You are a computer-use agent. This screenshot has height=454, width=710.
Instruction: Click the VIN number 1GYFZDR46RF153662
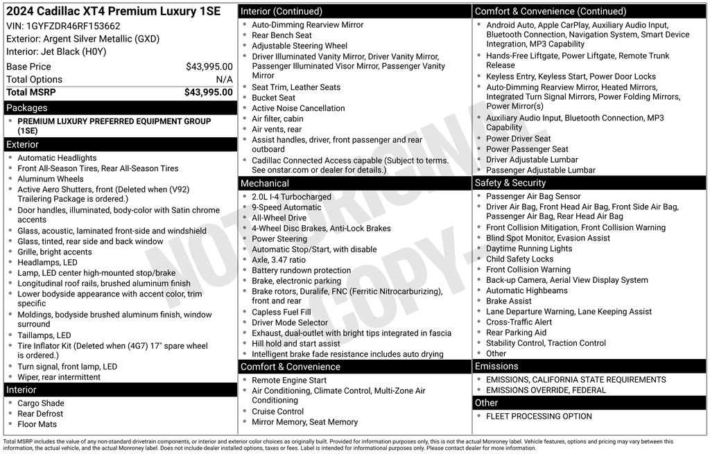pos(73,26)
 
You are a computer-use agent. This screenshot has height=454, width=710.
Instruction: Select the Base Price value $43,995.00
pos(209,67)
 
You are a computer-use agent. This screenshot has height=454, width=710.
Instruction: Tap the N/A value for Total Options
pos(224,80)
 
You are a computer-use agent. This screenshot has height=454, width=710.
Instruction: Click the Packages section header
pos(27,108)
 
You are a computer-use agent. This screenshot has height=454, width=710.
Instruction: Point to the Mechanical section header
pos(264,184)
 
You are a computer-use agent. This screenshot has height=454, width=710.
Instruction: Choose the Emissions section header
pos(496,366)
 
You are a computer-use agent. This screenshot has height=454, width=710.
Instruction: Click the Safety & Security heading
pos(510,183)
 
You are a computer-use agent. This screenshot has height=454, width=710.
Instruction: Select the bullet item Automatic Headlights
pos(57,158)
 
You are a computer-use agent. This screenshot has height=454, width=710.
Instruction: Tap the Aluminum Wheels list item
pos(50,179)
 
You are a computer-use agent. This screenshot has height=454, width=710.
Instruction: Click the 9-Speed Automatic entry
pos(286,207)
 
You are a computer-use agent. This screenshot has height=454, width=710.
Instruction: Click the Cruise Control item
pos(277,411)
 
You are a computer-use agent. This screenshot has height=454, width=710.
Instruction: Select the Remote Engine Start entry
pos(289,381)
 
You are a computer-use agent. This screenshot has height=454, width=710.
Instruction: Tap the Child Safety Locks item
pos(519,259)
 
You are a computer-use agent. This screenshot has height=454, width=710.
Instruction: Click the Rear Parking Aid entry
pos(516,333)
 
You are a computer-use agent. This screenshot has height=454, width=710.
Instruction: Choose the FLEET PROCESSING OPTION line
pos(539,417)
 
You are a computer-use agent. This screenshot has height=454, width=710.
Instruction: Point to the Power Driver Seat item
pos(518,139)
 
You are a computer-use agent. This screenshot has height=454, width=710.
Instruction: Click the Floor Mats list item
pos(37,424)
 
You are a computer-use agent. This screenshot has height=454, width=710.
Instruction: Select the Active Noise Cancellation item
pos(298,108)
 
